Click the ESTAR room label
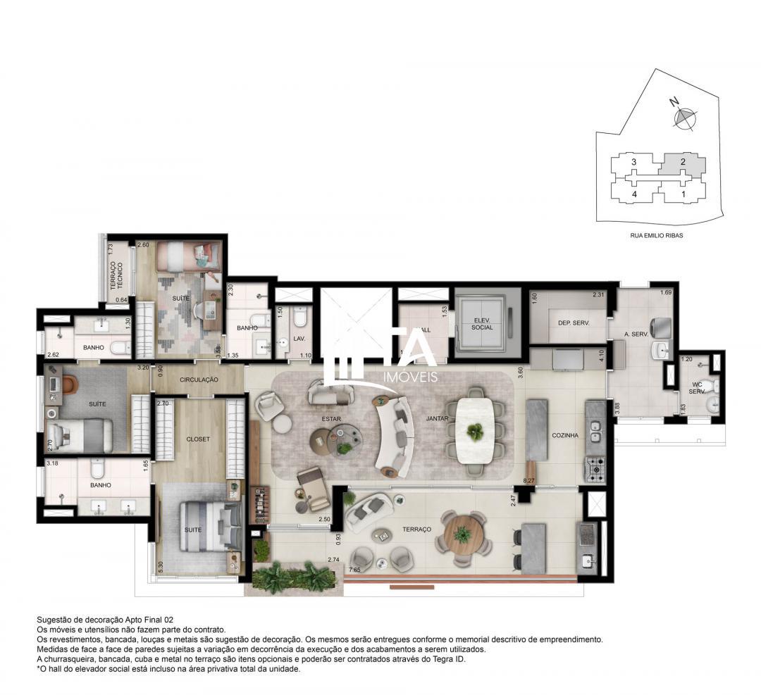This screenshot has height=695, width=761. pos(331,419)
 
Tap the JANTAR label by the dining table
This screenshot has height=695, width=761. pos(437,418)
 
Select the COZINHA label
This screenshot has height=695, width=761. pos(564,435)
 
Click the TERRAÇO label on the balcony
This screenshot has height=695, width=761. pos(418,528)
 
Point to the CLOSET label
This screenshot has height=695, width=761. pos(199,439)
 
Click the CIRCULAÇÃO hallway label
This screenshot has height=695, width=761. pos(199,380)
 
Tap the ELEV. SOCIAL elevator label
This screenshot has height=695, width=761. pos(483,323)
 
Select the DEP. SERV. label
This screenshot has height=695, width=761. pos(573,323)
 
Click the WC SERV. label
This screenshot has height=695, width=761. pos(697,387)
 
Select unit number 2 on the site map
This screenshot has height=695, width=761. pos(682,162)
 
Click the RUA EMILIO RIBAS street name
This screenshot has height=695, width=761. pos(656,236)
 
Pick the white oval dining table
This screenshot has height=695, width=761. pos(477,431)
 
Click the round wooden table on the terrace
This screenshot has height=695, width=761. pos(463,534)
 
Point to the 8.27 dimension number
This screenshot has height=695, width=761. pos(528,480)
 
